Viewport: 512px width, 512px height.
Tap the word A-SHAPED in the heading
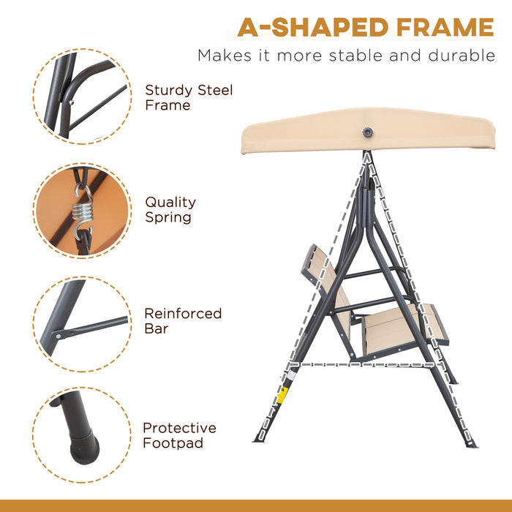[x=303, y=27]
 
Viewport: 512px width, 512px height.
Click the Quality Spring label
[x=170, y=209]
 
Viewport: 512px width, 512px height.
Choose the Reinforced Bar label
[x=182, y=320]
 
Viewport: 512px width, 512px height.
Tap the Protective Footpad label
[x=179, y=435]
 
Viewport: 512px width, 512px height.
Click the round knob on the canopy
[x=366, y=132]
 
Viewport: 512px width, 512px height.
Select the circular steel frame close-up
[x=83, y=96]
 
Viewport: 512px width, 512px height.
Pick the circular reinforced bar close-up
[x=83, y=323]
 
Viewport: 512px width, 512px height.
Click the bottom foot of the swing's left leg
[x=258, y=439]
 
